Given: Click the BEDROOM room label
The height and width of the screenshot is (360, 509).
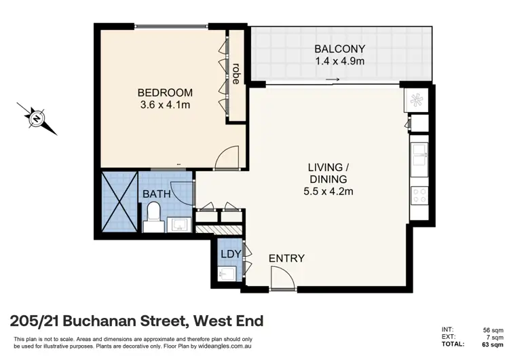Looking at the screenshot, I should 165,93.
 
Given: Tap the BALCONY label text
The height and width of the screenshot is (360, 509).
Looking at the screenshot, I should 340,49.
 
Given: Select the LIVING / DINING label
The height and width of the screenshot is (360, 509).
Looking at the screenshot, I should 331,173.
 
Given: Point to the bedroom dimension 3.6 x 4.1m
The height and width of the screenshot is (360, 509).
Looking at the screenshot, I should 165,105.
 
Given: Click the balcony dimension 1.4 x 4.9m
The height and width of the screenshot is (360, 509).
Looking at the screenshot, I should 340,61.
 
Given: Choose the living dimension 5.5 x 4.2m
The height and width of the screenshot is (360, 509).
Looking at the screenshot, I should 331,191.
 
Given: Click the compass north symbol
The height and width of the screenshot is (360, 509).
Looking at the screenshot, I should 36,118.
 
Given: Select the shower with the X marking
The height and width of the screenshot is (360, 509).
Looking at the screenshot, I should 119,201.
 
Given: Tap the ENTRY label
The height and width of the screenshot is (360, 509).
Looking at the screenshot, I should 286,259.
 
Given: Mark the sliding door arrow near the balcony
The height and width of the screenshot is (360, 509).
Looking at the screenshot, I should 332,80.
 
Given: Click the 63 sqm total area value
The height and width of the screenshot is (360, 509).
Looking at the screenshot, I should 493,344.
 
